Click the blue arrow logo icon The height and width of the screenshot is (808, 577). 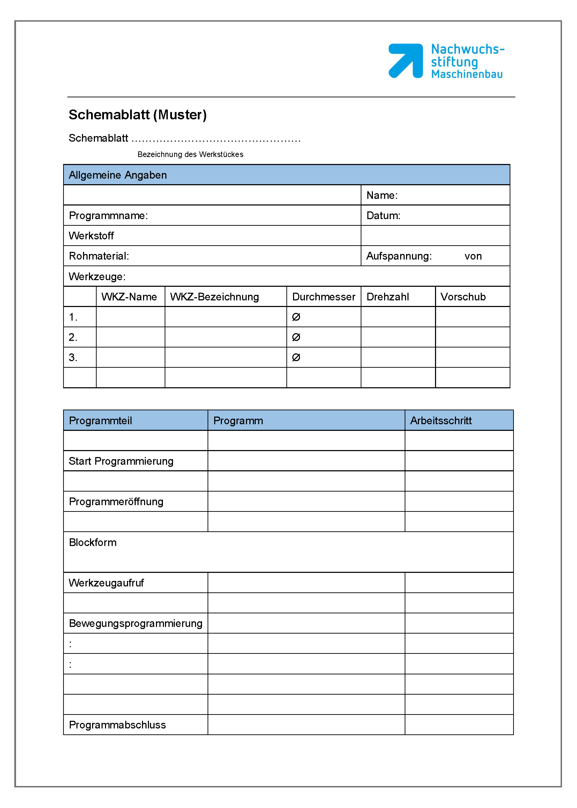click(405, 60)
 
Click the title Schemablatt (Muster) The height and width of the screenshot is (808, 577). click(137, 115)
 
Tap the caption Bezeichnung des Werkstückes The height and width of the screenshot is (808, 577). click(190, 154)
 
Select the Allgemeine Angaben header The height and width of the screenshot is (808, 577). click(118, 175)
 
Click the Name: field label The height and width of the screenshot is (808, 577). click(382, 195)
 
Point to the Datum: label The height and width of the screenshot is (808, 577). click(383, 215)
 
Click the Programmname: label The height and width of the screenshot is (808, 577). click(108, 215)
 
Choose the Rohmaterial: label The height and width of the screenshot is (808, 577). click(99, 256)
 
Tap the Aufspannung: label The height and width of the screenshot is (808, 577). click(399, 256)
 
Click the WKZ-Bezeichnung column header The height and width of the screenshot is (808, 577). click(214, 297)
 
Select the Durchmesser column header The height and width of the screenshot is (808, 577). click(323, 297)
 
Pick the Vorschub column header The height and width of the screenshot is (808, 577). click(463, 297)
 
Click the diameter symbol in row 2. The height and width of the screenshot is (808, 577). click(296, 337)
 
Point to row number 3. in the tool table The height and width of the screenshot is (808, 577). click(73, 357)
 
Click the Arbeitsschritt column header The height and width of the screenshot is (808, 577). click(441, 420)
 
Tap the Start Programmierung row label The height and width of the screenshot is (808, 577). click(121, 461)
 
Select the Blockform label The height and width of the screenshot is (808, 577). click(93, 542)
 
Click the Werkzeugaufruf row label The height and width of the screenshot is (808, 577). click(106, 583)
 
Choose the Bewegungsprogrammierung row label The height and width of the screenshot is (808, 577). click(136, 623)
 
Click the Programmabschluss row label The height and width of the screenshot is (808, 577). click(117, 725)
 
